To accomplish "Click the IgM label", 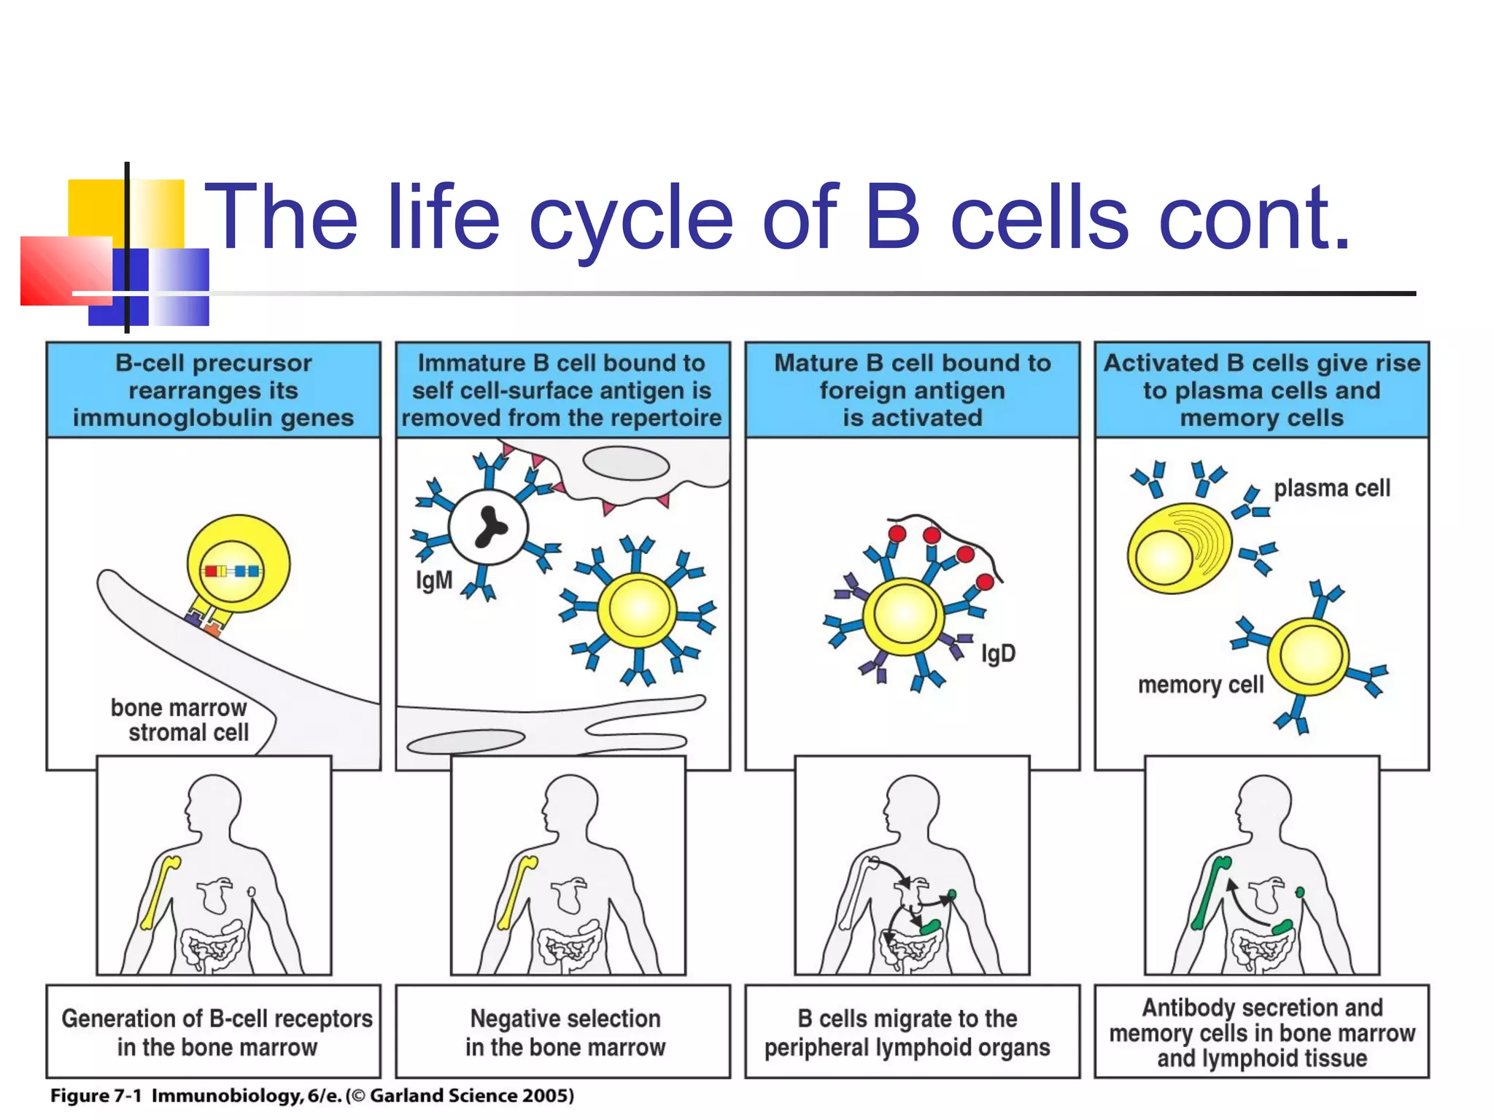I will [x=434, y=580].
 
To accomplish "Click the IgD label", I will [x=998, y=653].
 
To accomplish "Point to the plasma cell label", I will [x=1331, y=488].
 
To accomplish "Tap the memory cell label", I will [x=1200, y=685].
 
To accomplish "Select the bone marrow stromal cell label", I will [x=180, y=720].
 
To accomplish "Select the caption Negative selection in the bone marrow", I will [x=565, y=1032].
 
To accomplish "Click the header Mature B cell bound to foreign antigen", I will [x=912, y=390].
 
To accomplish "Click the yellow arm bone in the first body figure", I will [x=160, y=894].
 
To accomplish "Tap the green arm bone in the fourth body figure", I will [x=1210, y=894].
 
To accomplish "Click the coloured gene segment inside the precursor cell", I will [x=231, y=571].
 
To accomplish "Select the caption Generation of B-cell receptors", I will [x=216, y=1032].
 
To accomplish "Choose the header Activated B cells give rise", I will [x=1261, y=390].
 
